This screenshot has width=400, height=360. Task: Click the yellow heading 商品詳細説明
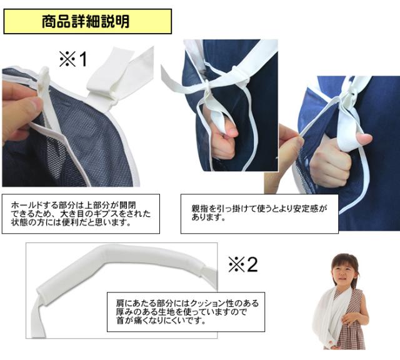[86, 21]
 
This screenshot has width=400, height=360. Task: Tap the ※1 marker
[73, 59]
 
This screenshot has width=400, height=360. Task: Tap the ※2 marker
[243, 264]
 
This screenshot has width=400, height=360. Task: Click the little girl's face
[343, 274]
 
